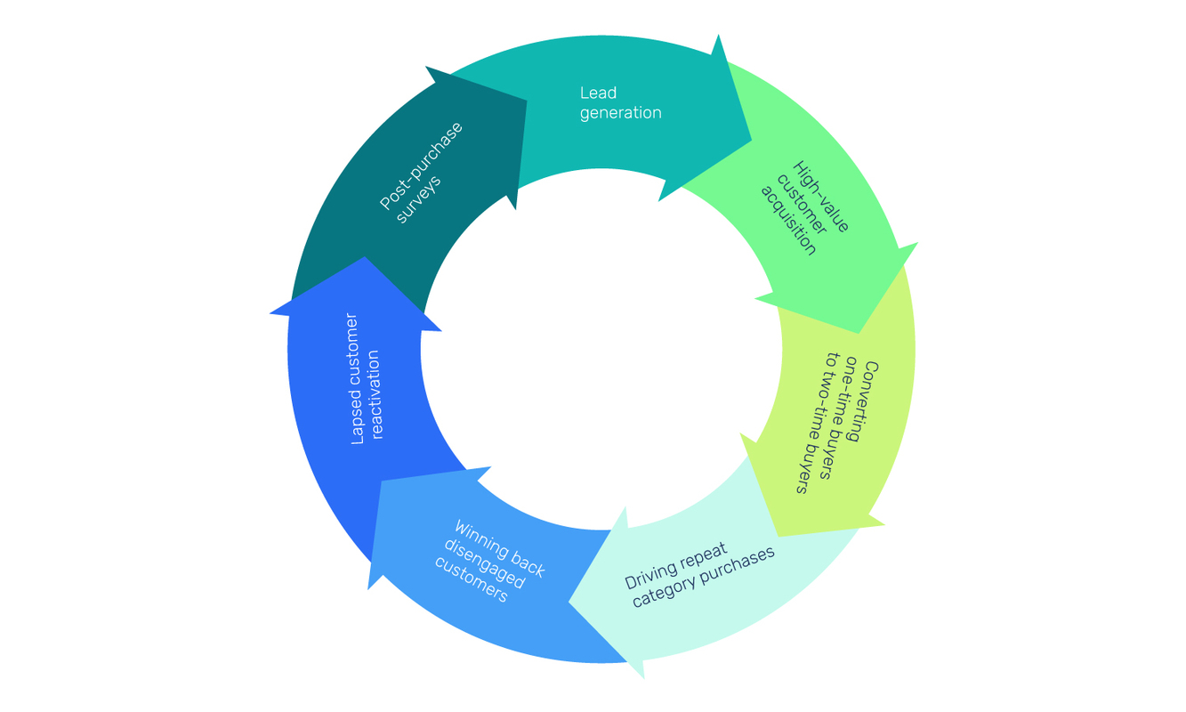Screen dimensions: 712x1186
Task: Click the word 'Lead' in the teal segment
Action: click(598, 93)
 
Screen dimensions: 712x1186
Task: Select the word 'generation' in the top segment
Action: click(620, 113)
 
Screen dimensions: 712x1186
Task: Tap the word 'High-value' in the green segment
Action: click(820, 197)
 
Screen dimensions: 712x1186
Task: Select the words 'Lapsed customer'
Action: click(355, 378)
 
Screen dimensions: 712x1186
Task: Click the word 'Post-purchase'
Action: click(421, 166)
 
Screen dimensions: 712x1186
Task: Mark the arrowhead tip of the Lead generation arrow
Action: click(750, 141)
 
